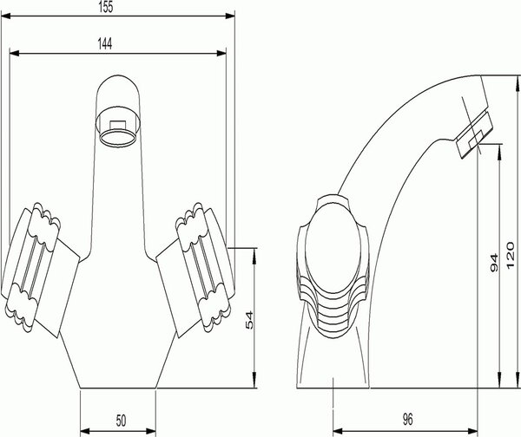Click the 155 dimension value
[106, 7]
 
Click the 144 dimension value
[105, 44]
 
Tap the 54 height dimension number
[249, 320]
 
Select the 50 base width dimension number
[121, 421]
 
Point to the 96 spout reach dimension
[408, 420]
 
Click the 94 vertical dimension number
[494, 263]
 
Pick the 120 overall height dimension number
[511, 256]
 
